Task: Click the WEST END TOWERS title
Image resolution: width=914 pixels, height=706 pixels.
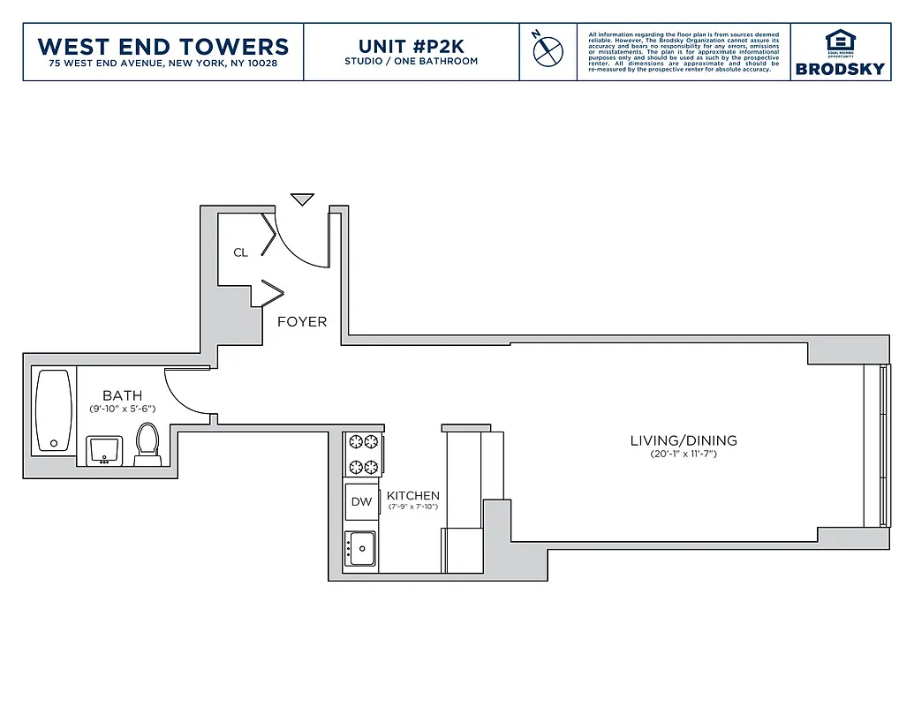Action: (163, 46)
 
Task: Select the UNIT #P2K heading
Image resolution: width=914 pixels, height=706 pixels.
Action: (411, 46)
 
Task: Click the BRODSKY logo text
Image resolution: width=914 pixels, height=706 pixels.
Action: (839, 69)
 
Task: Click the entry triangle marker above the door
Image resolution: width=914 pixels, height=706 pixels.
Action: (303, 199)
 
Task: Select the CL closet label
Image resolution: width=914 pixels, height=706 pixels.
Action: (240, 252)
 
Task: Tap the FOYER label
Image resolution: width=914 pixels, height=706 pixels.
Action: (302, 322)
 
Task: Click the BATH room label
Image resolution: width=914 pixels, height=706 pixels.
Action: (122, 395)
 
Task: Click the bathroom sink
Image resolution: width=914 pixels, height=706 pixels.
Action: (106, 449)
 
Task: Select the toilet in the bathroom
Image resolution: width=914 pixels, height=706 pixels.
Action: (147, 444)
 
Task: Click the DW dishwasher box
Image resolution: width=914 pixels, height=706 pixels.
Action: (361, 501)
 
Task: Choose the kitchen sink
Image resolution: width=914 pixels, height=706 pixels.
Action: (361, 549)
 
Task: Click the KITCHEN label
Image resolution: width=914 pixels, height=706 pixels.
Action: (412, 496)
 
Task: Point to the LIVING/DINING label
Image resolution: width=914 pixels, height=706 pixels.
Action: (683, 440)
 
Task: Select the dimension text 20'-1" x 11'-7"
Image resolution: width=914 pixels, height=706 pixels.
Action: (683, 454)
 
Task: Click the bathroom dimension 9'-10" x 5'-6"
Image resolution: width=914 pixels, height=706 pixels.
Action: (122, 409)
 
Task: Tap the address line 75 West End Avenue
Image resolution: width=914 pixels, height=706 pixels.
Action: (163, 64)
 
